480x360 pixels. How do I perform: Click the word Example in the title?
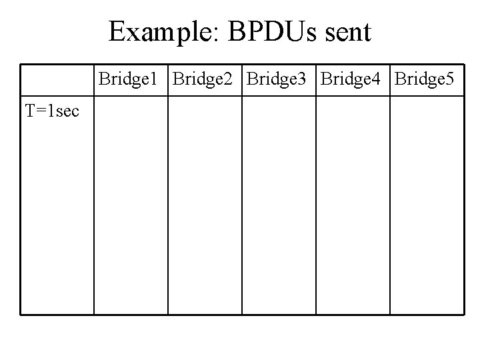[160, 31]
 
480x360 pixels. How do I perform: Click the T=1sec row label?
[52, 111]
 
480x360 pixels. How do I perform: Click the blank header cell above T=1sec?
[57, 80]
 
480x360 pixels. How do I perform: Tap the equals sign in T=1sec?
[41, 111]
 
